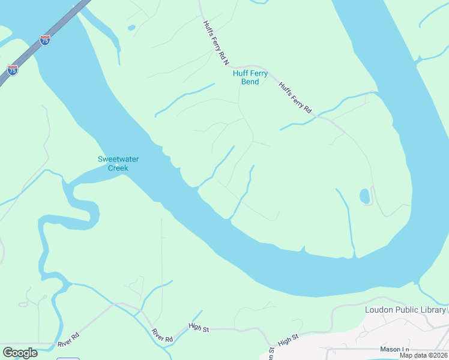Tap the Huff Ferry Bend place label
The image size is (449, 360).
click(x=250, y=77)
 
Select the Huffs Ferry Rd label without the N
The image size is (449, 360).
click(x=295, y=97)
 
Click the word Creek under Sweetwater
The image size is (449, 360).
click(x=118, y=168)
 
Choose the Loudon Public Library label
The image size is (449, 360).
click(x=405, y=310)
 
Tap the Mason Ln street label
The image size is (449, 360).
click(x=394, y=349)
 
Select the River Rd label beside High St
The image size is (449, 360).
click(x=162, y=335)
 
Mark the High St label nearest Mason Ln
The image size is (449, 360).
click(x=288, y=340)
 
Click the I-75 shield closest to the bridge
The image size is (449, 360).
click(x=45, y=40)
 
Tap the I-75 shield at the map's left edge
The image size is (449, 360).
click(x=13, y=70)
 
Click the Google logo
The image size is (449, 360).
click(x=20, y=353)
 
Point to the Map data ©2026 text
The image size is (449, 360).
click(x=423, y=355)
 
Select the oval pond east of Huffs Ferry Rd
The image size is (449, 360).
click(x=364, y=196)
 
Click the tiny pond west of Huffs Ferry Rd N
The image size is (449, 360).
click(x=131, y=28)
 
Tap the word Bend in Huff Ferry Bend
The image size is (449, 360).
click(x=250, y=82)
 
